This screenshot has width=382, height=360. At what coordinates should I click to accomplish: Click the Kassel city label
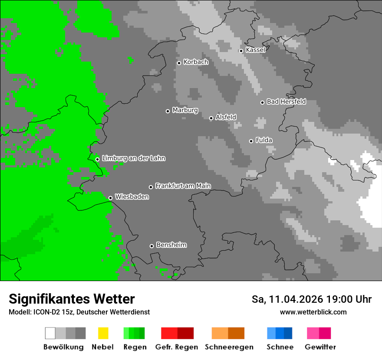tap(255, 50)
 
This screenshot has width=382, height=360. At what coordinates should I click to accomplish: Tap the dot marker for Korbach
tap(179, 63)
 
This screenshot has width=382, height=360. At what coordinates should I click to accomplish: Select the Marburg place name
tap(185, 110)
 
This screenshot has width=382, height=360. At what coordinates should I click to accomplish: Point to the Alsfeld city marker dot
tap(211, 118)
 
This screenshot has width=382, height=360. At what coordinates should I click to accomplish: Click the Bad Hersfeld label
tap(286, 101)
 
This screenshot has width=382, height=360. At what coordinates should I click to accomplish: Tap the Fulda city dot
tap(251, 141)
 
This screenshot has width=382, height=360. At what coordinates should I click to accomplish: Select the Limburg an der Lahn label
tap(133, 158)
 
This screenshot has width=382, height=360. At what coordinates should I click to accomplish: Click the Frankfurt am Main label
tap(183, 186)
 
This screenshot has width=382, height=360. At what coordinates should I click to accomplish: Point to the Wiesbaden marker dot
tap(110, 198)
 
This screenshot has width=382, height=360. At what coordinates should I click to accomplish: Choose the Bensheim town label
tap(171, 245)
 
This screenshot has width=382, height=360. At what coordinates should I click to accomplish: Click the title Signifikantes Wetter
tap(72, 299)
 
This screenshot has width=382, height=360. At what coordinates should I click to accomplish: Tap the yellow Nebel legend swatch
tap(103, 333)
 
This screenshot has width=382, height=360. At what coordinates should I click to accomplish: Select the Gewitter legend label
tap(320, 347)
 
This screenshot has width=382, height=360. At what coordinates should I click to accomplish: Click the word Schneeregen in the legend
tap(229, 347)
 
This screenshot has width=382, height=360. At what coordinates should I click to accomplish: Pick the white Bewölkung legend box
tap(50, 333)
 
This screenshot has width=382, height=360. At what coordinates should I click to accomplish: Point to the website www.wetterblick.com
tap(313, 312)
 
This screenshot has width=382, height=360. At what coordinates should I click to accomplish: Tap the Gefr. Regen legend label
tap(177, 347)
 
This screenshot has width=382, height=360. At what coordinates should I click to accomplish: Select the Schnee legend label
tap(280, 347)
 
